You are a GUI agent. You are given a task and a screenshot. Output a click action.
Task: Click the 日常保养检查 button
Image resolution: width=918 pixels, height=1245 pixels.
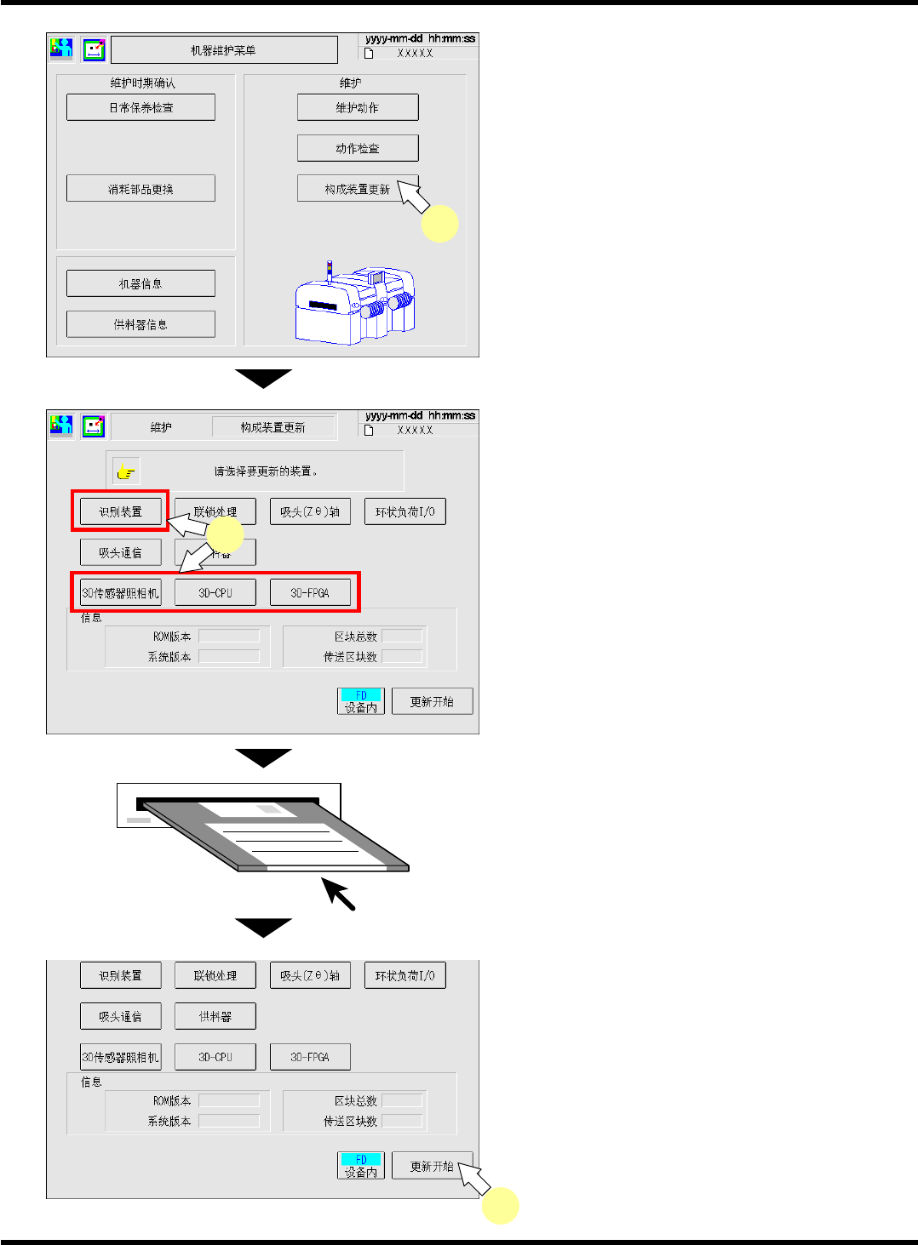coord(141,107)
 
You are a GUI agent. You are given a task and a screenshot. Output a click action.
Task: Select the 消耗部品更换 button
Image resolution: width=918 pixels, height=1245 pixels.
coord(141,188)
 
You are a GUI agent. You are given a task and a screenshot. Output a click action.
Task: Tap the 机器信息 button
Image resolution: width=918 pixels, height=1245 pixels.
coord(141,283)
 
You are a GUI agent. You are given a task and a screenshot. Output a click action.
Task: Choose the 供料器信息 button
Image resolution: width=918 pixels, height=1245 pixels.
coord(141,324)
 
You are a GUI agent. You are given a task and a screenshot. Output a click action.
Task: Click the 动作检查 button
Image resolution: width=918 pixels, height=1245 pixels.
coord(358,148)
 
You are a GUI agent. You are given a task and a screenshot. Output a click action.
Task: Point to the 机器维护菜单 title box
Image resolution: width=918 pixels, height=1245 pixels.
coord(223,50)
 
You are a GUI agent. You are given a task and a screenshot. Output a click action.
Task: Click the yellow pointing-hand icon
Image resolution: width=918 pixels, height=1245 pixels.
coord(126,471)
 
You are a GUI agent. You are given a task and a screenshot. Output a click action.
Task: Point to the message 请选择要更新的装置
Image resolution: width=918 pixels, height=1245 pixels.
coord(267,471)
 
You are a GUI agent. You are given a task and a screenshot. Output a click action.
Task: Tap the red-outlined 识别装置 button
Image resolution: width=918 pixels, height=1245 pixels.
coord(120,511)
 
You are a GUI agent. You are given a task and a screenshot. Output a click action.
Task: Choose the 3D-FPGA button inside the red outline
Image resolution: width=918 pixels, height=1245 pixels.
coord(310,593)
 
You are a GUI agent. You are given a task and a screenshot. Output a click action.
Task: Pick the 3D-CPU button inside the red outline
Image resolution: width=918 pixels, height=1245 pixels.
coord(215,593)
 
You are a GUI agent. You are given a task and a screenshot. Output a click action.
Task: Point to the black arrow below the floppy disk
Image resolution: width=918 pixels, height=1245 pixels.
coord(338,894)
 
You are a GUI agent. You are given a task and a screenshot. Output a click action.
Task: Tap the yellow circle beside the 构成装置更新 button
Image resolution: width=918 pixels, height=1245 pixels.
coord(440,223)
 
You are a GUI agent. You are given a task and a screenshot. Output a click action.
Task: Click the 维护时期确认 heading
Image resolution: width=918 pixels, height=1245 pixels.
coord(142,83)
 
